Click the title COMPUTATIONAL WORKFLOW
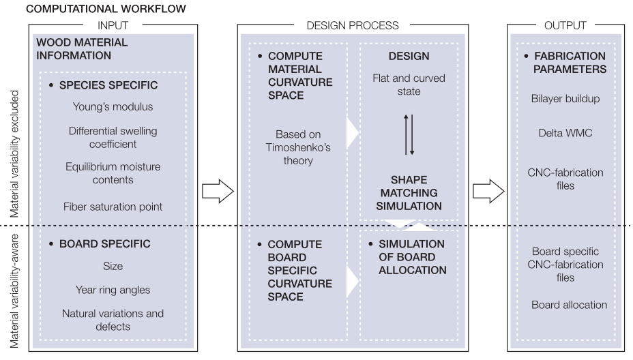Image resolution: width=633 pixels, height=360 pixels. (x=106, y=10)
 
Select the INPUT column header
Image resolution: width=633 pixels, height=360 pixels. (x=113, y=25)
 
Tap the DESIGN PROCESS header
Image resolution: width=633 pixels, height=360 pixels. (x=352, y=25)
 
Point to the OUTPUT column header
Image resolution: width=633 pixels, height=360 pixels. (x=565, y=25)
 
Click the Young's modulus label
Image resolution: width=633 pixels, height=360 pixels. (x=113, y=106)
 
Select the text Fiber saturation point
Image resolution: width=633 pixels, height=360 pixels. (x=113, y=207)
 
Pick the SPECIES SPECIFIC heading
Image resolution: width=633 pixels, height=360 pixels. (x=108, y=85)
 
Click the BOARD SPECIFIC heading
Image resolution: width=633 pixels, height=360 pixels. (x=104, y=243)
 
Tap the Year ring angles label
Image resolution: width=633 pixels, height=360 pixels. (x=113, y=290)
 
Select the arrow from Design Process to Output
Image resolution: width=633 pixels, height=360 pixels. (x=488, y=192)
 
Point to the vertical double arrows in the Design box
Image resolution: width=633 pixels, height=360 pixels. (x=409, y=134)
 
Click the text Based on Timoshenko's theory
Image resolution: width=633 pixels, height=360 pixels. (x=298, y=147)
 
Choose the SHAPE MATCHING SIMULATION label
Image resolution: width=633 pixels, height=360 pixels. (x=409, y=192)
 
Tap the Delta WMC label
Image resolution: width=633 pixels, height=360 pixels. (x=565, y=133)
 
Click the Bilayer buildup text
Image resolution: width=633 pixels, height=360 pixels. (x=565, y=98)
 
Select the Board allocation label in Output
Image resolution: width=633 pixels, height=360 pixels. (x=570, y=305)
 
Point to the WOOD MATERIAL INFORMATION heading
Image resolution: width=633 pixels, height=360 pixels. (x=82, y=48)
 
